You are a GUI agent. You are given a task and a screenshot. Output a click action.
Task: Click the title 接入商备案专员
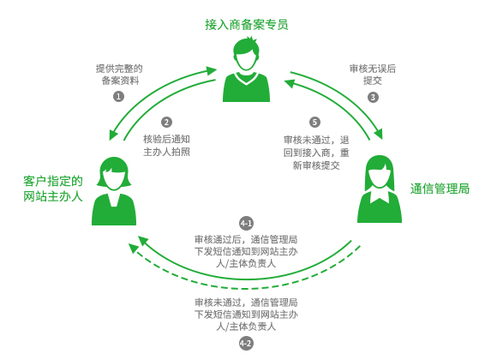point(247,25)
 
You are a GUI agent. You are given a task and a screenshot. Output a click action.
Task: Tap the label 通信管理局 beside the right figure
point(440,189)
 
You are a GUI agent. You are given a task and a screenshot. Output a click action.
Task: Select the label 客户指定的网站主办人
point(53,189)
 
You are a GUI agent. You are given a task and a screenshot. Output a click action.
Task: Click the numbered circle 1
point(118,96)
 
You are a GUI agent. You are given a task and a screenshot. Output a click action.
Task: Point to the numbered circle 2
point(166,122)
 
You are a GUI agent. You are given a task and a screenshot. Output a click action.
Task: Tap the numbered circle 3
point(373,97)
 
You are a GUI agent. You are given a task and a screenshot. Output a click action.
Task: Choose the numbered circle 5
point(314,122)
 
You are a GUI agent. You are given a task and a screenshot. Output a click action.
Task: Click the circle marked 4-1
point(246,224)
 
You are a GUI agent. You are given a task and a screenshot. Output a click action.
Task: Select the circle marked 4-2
point(246,343)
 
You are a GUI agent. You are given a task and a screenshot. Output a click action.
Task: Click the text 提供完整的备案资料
point(119,75)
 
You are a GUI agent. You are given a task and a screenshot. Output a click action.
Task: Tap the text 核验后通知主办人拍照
point(167,146)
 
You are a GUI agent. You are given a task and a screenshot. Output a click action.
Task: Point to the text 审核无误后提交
point(373,75)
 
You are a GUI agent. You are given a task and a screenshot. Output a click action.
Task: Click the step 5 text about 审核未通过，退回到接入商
point(316,153)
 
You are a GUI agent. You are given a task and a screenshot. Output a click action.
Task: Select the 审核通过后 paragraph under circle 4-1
point(246,251)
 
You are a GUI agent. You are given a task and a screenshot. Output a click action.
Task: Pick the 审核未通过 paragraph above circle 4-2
point(246,315)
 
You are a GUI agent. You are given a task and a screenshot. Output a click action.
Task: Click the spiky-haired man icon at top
point(246,69)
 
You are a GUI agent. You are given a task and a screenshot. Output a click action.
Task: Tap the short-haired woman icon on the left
point(114,191)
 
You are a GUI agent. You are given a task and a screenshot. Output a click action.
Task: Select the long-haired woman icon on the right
point(380,189)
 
